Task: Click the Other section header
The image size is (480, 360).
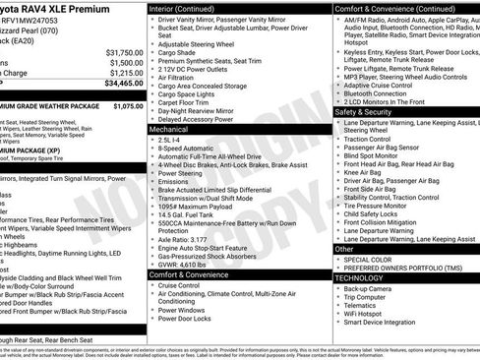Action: tap(345, 249)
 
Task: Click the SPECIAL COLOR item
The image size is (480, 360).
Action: tap(371, 260)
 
